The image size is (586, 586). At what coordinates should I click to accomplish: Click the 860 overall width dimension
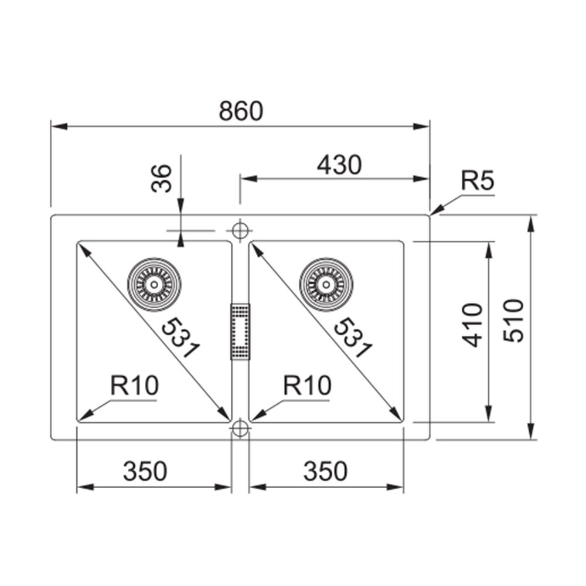tap(241, 111)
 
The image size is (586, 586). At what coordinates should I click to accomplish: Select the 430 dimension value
tap(339, 166)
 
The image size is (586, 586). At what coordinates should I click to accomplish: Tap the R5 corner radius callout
tap(478, 182)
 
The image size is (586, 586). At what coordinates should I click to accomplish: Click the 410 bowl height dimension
tap(473, 325)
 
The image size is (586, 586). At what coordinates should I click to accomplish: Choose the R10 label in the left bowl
tap(134, 386)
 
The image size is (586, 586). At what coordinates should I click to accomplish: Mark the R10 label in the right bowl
tap(307, 386)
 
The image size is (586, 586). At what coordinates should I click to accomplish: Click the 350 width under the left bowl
tap(145, 470)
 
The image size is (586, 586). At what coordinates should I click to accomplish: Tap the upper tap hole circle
tap(239, 229)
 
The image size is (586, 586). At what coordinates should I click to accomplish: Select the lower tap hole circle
tap(239, 429)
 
